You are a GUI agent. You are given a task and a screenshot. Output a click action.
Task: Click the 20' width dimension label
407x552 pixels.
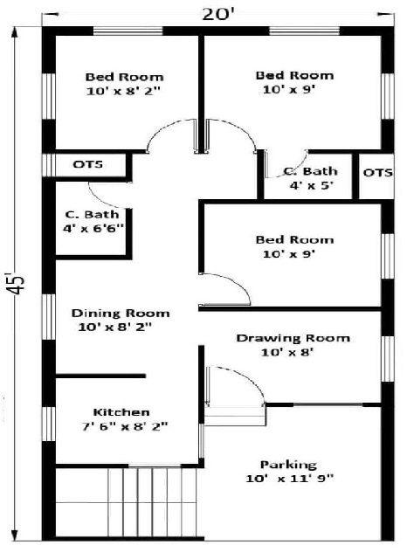click(x=218, y=15)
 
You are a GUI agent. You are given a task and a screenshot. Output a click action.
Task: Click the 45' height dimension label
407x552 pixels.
click(x=16, y=283)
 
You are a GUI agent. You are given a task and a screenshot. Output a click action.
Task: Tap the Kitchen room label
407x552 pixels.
click(x=121, y=412)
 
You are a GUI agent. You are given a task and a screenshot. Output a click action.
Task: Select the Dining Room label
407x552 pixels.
click(x=121, y=313)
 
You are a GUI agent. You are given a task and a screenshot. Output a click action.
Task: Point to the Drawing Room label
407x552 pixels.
click(x=293, y=338)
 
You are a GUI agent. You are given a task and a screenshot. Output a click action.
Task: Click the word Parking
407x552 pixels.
click(x=288, y=465)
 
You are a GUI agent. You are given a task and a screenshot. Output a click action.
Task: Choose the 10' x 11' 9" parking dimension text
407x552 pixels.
click(x=289, y=479)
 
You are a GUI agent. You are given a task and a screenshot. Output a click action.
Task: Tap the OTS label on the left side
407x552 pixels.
click(x=88, y=164)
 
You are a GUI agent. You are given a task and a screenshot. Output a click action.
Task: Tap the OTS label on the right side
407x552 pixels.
click(x=378, y=173)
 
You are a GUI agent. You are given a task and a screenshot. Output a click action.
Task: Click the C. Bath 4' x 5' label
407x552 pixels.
click(x=311, y=178)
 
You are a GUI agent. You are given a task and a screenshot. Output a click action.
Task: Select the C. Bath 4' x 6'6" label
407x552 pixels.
click(x=93, y=222)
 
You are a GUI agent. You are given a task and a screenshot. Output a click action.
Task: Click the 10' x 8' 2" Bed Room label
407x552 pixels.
click(x=124, y=84)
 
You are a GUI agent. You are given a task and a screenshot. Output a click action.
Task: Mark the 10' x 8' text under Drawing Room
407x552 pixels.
click(x=287, y=352)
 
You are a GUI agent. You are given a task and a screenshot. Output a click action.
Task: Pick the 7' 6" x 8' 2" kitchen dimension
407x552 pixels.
click(x=125, y=427)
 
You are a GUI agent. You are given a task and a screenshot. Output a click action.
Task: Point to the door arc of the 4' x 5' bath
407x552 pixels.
click(x=293, y=169)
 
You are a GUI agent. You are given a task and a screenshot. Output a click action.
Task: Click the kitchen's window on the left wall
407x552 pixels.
click(x=49, y=424)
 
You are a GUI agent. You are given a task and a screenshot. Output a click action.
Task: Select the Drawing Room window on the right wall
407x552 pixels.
click(x=387, y=358)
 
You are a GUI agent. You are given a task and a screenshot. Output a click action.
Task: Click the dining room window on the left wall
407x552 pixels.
click(x=49, y=316)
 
